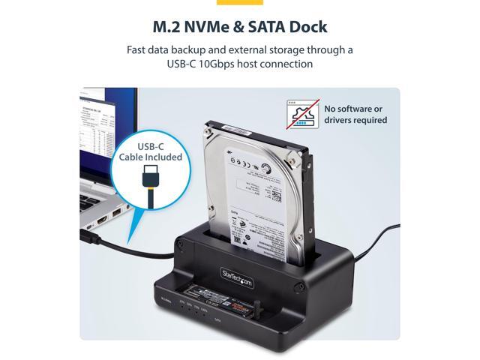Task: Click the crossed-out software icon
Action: coord(302,114)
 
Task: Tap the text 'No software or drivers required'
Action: coord(355,114)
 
